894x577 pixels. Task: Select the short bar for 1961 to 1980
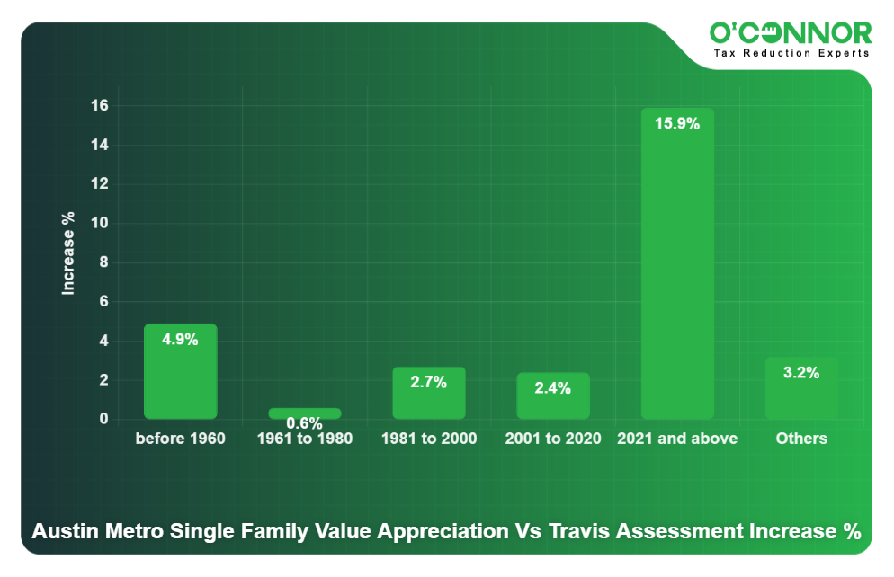coord(305,413)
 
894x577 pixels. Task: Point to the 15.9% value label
coord(677,124)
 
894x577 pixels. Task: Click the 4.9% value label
coord(180,340)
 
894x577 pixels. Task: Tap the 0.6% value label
coord(305,423)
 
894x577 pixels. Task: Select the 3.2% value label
coord(801,373)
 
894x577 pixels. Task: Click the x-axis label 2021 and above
coord(677,439)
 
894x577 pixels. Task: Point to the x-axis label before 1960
coord(180,439)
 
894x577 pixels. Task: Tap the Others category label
coord(801,439)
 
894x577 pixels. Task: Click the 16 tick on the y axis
coord(100,105)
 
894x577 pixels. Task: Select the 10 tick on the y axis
coord(100,223)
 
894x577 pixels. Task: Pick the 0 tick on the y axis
coord(104,419)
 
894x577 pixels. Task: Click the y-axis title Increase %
coord(68,253)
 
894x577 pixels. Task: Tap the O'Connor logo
coord(791,33)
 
